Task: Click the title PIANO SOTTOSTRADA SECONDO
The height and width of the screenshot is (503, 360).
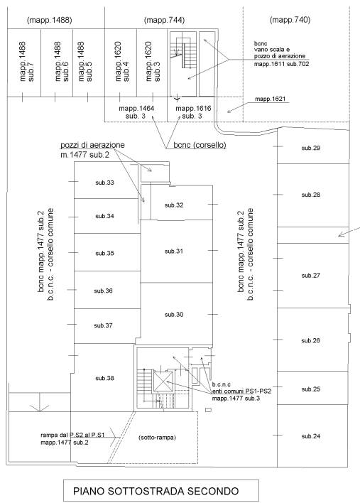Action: click(x=156, y=491)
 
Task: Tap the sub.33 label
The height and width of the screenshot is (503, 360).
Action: click(x=104, y=183)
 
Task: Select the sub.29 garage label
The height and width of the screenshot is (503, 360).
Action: click(x=310, y=148)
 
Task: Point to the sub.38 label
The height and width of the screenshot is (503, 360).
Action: click(x=104, y=378)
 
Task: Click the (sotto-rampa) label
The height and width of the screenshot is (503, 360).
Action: click(x=157, y=438)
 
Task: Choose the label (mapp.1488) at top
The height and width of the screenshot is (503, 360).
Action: click(x=50, y=20)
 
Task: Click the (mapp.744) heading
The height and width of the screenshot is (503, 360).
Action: click(x=164, y=20)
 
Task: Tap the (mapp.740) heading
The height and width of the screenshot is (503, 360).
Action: click(x=290, y=20)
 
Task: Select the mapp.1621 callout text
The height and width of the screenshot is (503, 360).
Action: click(x=270, y=99)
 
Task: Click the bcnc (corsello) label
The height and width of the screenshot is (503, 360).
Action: click(x=200, y=145)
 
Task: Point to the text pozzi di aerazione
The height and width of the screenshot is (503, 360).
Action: click(x=92, y=145)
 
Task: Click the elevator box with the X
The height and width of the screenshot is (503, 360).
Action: click(x=163, y=382)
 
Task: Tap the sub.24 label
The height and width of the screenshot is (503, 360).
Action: click(x=310, y=436)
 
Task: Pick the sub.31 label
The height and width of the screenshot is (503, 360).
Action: click(x=174, y=251)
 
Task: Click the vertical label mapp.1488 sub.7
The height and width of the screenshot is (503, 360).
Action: click(x=26, y=62)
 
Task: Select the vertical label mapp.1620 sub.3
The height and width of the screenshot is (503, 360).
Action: click(x=153, y=62)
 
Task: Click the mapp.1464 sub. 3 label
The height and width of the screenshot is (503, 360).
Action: click(x=136, y=112)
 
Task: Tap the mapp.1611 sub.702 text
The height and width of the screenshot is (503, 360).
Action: click(x=281, y=64)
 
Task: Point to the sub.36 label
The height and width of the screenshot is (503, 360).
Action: click(x=103, y=291)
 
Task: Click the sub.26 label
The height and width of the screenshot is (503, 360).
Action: click(x=310, y=341)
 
